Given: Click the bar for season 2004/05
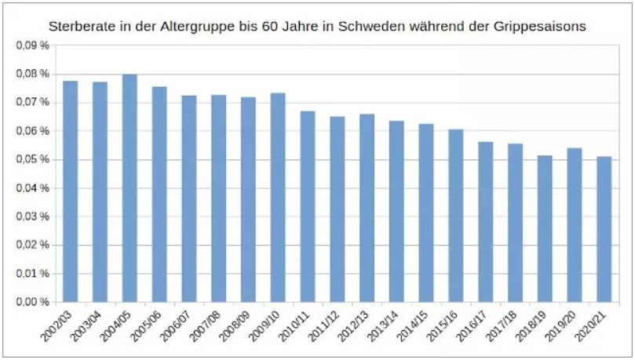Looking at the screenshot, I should click(x=130, y=188).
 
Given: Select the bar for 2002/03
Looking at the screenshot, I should click(x=71, y=191).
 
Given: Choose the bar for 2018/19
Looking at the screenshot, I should click(x=545, y=228).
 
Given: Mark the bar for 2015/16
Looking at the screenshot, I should click(x=456, y=216).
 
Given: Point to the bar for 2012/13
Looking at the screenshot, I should click(x=367, y=208).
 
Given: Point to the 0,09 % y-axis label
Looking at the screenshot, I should click(x=32, y=45).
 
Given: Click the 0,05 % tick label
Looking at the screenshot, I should click(x=32, y=160).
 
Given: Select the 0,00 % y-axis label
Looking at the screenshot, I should click(x=32, y=302).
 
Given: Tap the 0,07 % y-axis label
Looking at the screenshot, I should click(x=32, y=103).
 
